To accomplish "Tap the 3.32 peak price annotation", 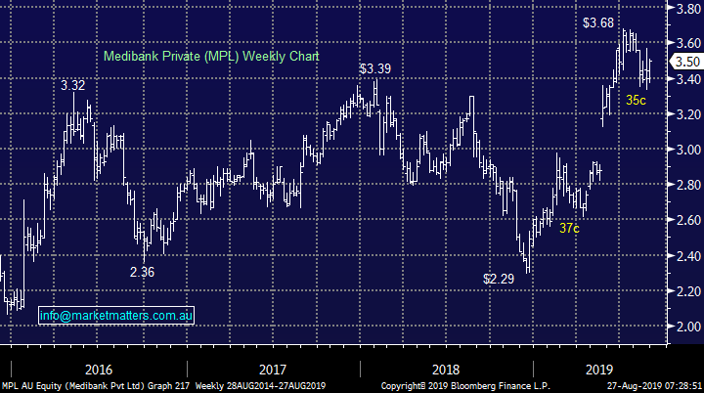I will [72, 86].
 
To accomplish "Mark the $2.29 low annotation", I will [499, 279].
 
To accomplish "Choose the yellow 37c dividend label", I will [570, 228].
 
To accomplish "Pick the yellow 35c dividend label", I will [636, 99].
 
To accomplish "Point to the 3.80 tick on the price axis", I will [681, 8].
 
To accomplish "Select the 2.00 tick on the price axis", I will [681, 327].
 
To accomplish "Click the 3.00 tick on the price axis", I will [681, 150].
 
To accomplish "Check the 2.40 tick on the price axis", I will [681, 256].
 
